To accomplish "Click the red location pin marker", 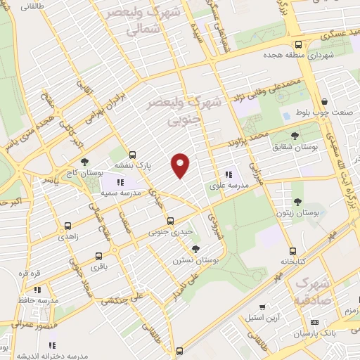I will point(181,166).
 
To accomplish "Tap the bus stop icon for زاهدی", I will point(67,226).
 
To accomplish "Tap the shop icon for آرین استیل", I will point(262,308).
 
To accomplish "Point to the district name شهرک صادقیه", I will point(311,290).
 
